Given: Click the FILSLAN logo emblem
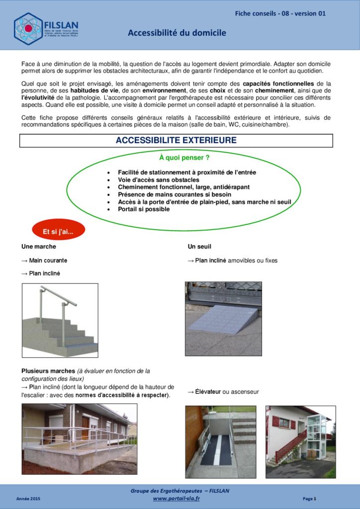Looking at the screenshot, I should pos(28,28).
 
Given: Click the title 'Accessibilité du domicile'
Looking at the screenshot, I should pos(177,33).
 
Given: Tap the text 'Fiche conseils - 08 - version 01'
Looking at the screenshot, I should pos(280,13).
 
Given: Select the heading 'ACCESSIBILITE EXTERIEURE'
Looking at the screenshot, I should pos(176,141).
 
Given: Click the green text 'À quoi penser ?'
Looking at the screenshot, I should pos(184,158).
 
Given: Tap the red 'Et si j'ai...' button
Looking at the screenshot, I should pos(58,231).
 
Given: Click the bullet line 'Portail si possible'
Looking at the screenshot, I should pos(144,209).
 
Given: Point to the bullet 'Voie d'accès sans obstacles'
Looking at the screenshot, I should pos(159,179).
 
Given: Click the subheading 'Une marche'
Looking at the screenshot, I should pos(39,246).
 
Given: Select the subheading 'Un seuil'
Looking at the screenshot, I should pos(199,246).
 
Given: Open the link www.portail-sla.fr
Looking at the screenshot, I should pos(176,499).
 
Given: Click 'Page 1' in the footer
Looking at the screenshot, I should pos(309,499).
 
